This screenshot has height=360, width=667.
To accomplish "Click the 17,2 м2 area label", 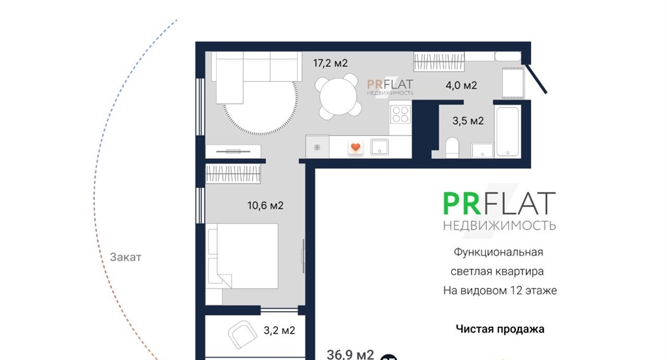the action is click(330, 63).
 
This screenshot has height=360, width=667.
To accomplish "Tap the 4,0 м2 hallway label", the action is click(462, 85).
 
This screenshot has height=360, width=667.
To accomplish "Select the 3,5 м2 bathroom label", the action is click(468, 121).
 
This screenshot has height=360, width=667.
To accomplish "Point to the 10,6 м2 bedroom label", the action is click(266, 206).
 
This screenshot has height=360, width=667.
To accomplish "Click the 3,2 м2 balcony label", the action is click(279, 330).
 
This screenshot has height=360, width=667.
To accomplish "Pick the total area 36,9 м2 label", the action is click(350, 355).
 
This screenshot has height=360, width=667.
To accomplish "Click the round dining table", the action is click(338, 96).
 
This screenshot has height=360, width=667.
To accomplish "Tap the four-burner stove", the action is click(401, 113).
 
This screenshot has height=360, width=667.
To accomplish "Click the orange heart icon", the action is click(356, 147).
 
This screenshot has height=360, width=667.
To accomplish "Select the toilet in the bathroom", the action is click(452, 148).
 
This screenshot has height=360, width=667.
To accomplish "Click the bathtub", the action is click(507, 132).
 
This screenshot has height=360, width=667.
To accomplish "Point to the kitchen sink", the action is click(380, 147).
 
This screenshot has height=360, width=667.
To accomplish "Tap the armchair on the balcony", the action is click(242, 335).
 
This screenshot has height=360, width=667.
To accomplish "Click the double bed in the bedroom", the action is click(242, 256).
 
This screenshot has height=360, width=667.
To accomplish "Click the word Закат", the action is click(126, 257).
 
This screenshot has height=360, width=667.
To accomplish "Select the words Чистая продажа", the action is click(500, 329).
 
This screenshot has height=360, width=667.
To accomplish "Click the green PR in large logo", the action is click(462, 204).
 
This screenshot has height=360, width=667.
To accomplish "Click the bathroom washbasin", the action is click(482, 150).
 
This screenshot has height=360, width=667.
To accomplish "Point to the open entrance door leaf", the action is click(537, 79).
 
